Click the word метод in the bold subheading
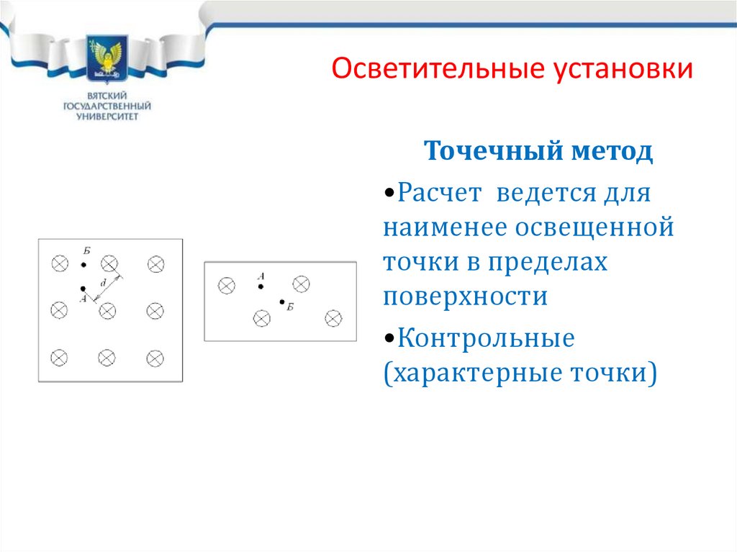[612, 152]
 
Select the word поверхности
[466, 297]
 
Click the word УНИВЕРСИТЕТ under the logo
[108, 117]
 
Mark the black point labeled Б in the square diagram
[83, 265]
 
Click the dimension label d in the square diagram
[103, 284]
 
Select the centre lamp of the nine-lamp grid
[107, 311]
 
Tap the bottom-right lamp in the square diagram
[155, 358]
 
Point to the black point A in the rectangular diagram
[261, 286]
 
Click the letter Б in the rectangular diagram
[290, 308]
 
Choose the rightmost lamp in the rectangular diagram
[333, 317]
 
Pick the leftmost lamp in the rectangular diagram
[226, 286]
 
